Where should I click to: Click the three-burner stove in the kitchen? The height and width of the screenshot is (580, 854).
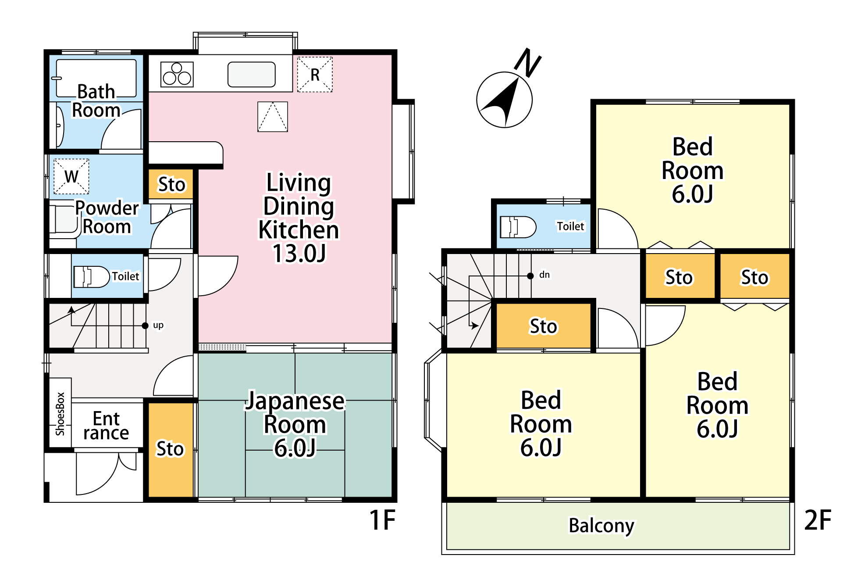[x=177, y=74]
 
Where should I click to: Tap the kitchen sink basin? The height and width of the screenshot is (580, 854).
[x=252, y=75]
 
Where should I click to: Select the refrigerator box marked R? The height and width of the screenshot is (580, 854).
[x=315, y=75]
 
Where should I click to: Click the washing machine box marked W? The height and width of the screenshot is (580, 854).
[x=71, y=176]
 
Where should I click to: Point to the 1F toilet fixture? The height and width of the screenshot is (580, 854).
[x=91, y=277]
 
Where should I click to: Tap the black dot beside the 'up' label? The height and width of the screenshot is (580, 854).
[x=145, y=326]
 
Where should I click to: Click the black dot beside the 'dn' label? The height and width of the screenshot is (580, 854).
[x=530, y=276]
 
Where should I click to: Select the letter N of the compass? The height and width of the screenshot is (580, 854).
[x=528, y=62]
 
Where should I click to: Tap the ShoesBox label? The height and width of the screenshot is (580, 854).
[x=60, y=414]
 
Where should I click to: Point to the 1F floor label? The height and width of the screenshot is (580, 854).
[x=382, y=520]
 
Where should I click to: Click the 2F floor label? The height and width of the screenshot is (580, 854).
[x=818, y=520]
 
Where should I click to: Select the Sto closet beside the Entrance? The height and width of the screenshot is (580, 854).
[x=171, y=450]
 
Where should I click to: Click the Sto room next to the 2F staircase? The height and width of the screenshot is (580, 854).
[x=544, y=326]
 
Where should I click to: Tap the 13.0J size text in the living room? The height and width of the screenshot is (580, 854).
[x=299, y=254]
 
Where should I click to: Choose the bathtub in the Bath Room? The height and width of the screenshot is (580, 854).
[x=96, y=78]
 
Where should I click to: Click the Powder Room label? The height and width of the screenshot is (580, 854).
[x=107, y=217]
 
